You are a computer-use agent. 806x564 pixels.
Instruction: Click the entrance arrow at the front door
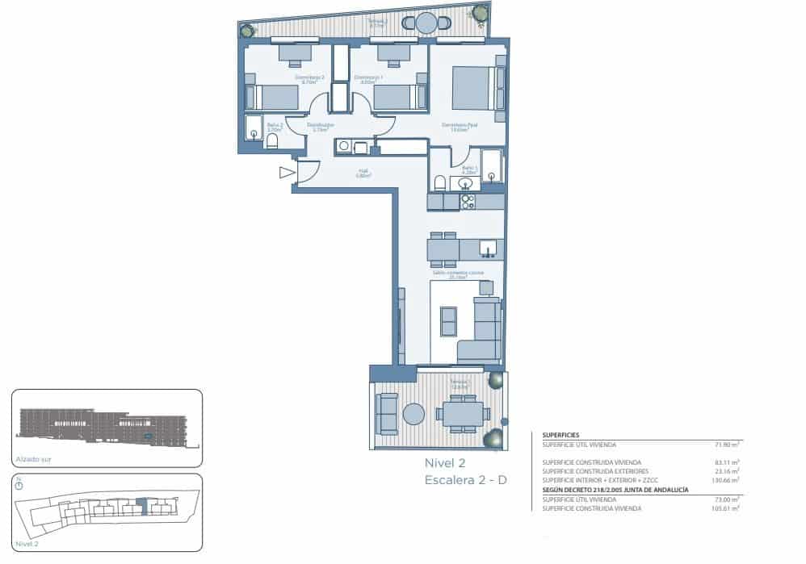click(287, 172)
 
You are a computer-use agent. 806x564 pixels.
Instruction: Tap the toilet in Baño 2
click(272, 141)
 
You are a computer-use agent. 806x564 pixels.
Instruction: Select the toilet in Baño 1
click(440, 182)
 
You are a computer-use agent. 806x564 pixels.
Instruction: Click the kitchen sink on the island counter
click(487, 247)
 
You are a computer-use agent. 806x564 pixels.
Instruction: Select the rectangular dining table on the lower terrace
click(463, 414)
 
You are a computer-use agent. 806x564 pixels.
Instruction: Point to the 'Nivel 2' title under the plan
click(445, 463)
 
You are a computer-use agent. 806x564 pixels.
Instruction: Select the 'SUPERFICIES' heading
click(560, 434)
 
